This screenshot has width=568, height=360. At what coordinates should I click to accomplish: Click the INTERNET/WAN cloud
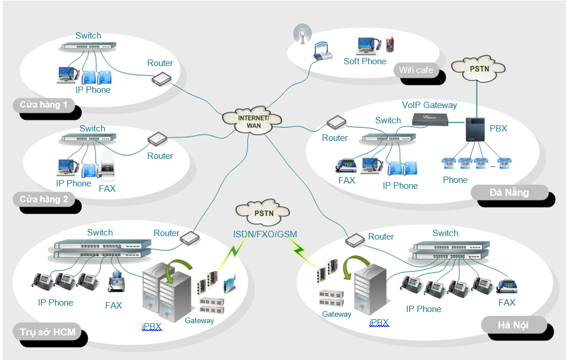pyautogui.click(x=253, y=117)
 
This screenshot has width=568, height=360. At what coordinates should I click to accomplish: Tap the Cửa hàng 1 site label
pyautogui.click(x=44, y=105)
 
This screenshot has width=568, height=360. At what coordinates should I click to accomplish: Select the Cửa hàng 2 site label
pyautogui.click(x=44, y=199)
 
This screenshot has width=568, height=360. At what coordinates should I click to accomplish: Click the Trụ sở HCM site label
pyautogui.click(x=47, y=333)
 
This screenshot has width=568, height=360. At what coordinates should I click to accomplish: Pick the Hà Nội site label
pyautogui.click(x=513, y=325)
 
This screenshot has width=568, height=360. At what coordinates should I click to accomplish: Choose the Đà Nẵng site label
pyautogui.click(x=509, y=192)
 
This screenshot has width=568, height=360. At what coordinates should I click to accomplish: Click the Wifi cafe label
pyautogui.click(x=416, y=70)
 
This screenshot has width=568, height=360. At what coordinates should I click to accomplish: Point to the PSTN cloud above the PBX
pyautogui.click(x=479, y=69)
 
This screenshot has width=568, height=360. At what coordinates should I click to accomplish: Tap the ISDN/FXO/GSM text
pyautogui.click(x=265, y=234)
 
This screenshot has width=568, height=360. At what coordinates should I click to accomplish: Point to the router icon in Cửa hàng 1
pyautogui.click(x=160, y=78)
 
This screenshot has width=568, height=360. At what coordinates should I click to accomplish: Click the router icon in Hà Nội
pyautogui.click(x=355, y=240)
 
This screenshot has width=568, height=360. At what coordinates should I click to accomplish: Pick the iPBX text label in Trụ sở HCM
pyautogui.click(x=151, y=326)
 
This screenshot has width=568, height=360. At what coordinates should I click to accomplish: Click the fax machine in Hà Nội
pyautogui.click(x=507, y=286)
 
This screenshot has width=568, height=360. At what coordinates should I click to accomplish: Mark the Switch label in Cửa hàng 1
pyautogui.click(x=88, y=36)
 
